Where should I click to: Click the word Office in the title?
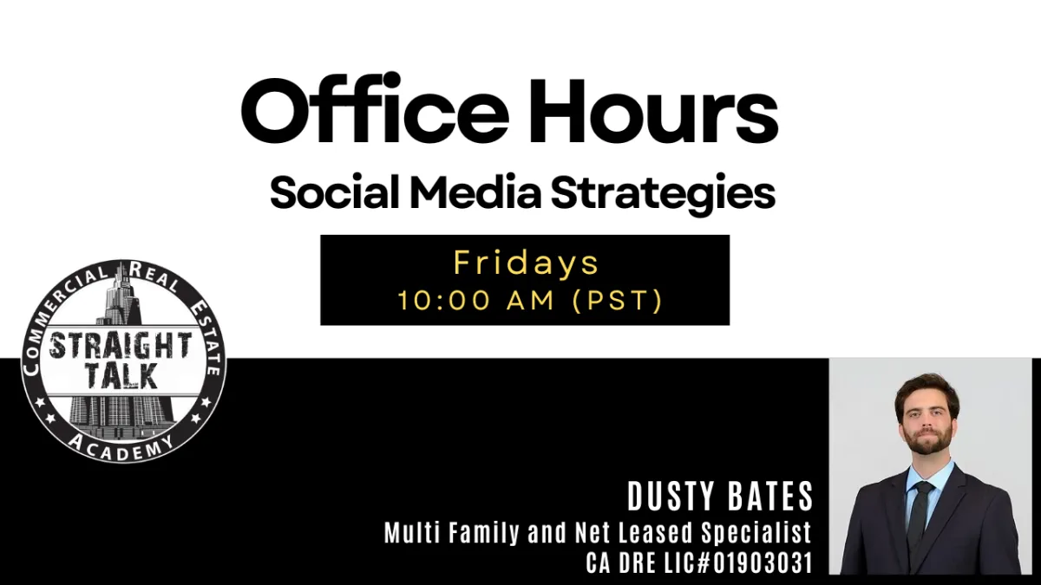click(x=375, y=109)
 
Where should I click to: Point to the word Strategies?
click(x=663, y=194)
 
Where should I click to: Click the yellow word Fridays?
click(x=526, y=263)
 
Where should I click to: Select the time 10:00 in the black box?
click(x=444, y=300)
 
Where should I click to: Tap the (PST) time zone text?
click(x=617, y=301)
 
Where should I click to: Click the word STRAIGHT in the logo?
click(x=121, y=346)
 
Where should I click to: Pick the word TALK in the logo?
click(x=121, y=376)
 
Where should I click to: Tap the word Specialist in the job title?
click(x=756, y=532)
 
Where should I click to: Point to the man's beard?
click(x=927, y=439)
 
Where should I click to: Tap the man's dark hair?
click(x=927, y=393)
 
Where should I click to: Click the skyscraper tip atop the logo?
click(x=122, y=263)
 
